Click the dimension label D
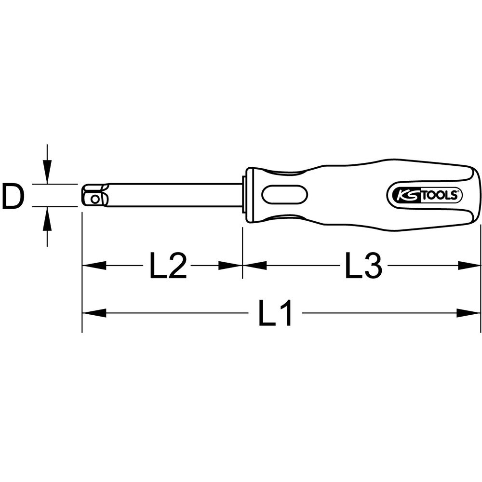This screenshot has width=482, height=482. pos(13,195)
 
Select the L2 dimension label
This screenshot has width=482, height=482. pos(168,265)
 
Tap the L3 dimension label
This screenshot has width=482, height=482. pos(363,265)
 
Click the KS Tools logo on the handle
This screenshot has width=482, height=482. pos(424,196)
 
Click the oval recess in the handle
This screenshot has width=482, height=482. pos(285,194)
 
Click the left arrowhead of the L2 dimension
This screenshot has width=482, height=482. pos(94,266)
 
